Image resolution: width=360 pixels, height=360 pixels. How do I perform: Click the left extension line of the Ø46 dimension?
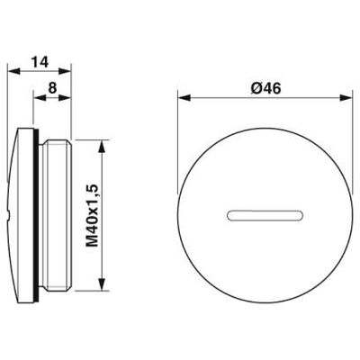[178, 135]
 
